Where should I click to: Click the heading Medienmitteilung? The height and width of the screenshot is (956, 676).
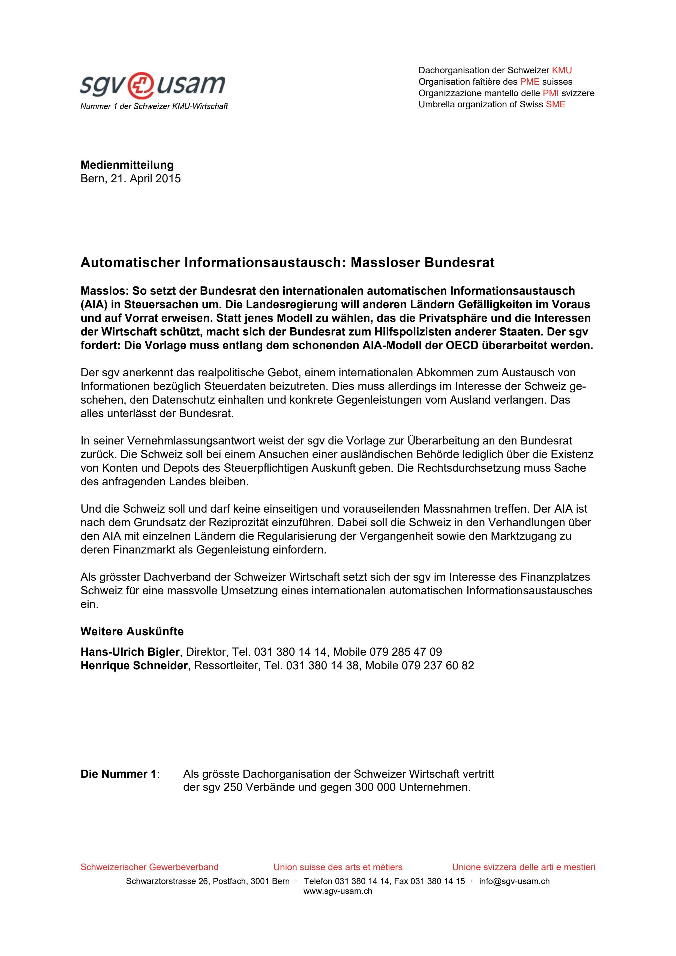click(127, 165)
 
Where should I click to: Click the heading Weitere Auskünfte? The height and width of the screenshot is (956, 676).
click(132, 632)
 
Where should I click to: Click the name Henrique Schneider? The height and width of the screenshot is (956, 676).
click(134, 665)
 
